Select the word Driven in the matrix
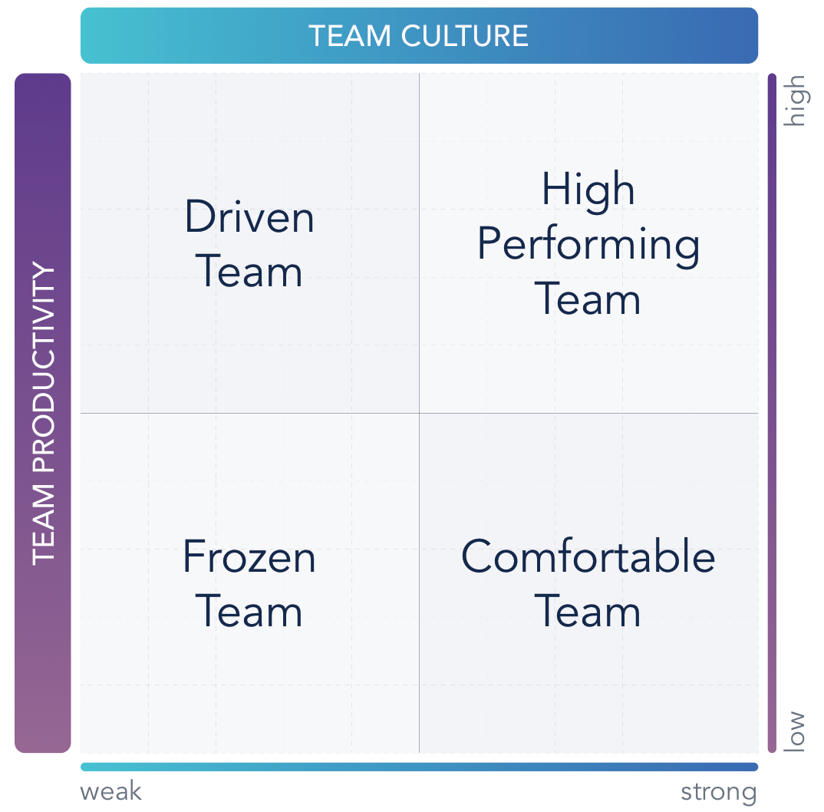pyautogui.click(x=249, y=217)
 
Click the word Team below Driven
pyautogui.click(x=249, y=272)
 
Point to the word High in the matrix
pyautogui.click(x=588, y=189)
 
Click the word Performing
pyautogui.click(x=588, y=246)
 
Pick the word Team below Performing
pyautogui.click(x=588, y=299)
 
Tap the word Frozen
pyautogui.click(x=249, y=557)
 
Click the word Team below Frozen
pyautogui.click(x=249, y=612)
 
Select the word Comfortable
pyautogui.click(x=588, y=557)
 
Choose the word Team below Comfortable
pyautogui.click(x=588, y=612)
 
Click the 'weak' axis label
pyautogui.click(x=111, y=792)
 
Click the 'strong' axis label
pyautogui.click(x=718, y=792)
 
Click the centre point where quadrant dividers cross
pyautogui.click(x=419, y=413)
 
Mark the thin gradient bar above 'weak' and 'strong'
pyautogui.click(x=419, y=767)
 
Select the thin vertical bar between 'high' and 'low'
pyautogui.click(x=772, y=413)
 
